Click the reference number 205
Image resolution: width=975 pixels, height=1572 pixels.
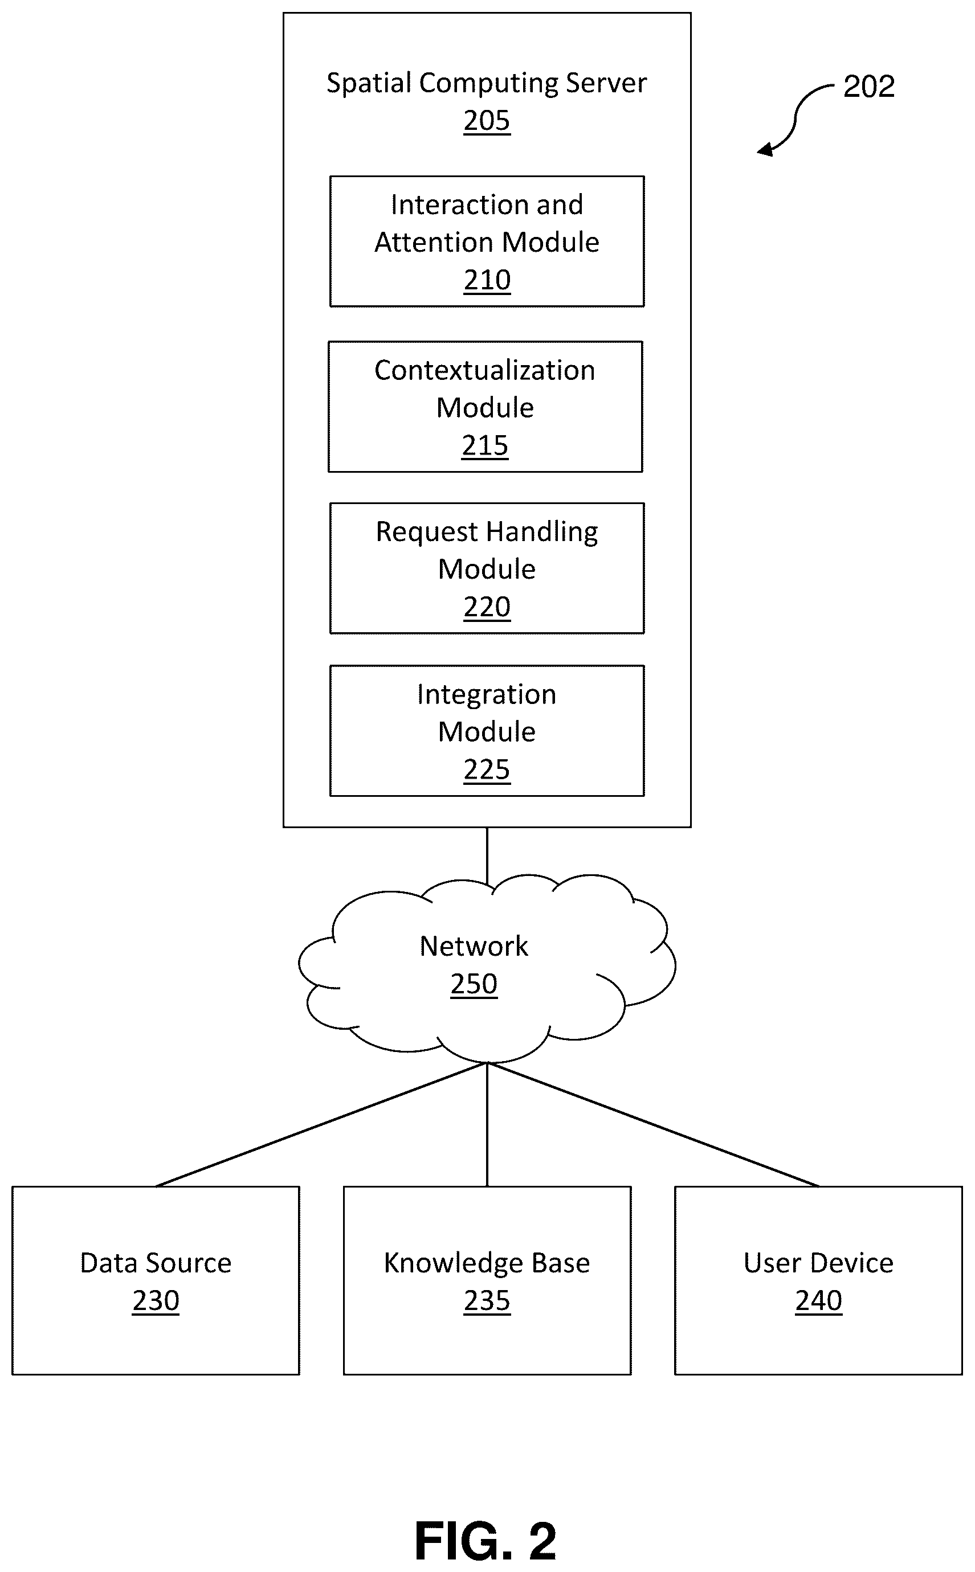click(x=487, y=121)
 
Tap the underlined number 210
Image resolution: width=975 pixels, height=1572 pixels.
click(x=487, y=280)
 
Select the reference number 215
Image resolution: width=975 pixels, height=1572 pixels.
click(x=485, y=445)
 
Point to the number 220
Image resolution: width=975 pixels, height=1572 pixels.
click(x=487, y=607)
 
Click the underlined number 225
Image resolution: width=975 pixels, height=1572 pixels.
click(x=487, y=769)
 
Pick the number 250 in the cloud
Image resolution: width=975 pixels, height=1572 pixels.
click(x=474, y=984)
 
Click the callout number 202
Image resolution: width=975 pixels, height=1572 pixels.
click(x=869, y=87)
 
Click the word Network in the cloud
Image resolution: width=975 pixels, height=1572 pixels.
click(x=474, y=946)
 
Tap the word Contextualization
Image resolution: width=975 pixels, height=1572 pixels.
click(x=485, y=371)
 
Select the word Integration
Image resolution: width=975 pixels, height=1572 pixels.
click(x=487, y=695)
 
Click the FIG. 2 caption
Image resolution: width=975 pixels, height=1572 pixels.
click(x=486, y=1541)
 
